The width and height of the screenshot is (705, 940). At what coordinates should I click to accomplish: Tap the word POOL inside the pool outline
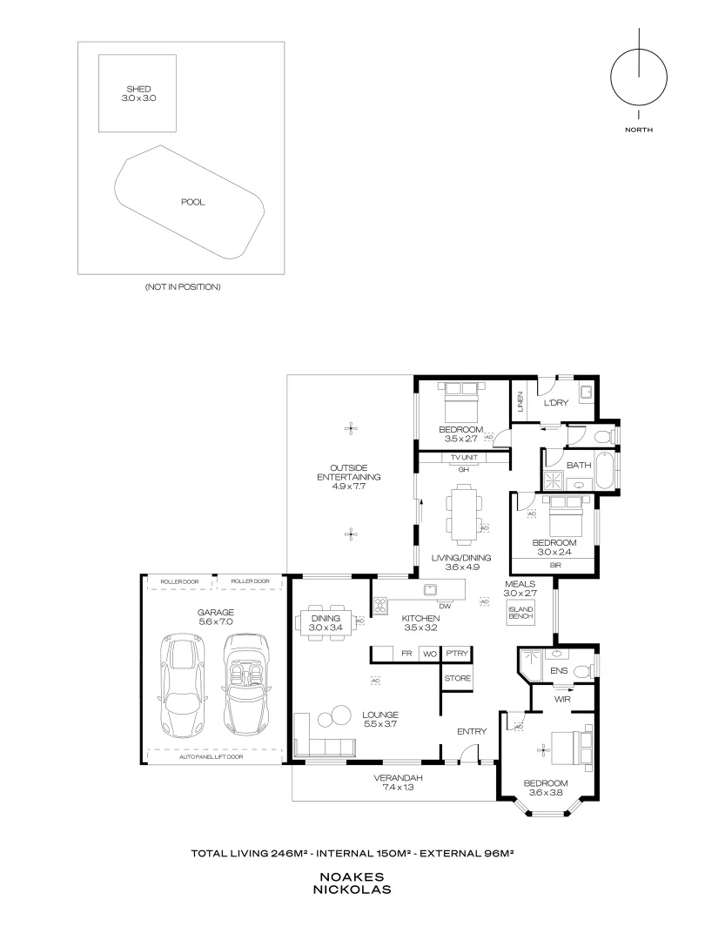click(192, 202)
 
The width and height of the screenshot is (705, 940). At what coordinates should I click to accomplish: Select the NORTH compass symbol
click(639, 77)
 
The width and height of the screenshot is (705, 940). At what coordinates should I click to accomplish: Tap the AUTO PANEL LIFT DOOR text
click(211, 757)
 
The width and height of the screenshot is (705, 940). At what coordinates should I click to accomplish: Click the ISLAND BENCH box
click(520, 613)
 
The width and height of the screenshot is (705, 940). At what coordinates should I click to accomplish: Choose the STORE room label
click(457, 678)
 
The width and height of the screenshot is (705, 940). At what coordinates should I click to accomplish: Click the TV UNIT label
click(464, 458)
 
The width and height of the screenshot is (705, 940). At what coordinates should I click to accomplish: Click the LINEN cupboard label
click(520, 402)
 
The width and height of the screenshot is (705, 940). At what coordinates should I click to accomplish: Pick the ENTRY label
click(472, 732)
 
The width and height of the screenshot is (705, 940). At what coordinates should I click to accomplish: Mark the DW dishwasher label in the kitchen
click(444, 606)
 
